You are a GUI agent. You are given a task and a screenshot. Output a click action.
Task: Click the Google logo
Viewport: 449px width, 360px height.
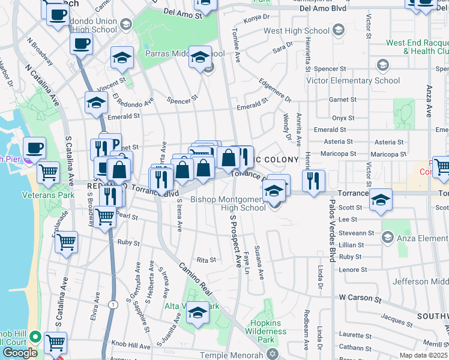pyautogui.click(x=20, y=353)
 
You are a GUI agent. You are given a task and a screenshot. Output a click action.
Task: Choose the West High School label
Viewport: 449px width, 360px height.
pyautogui.click(x=298, y=31)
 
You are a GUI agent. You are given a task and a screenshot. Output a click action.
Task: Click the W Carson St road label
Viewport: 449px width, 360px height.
pyautogui.click(x=360, y=297)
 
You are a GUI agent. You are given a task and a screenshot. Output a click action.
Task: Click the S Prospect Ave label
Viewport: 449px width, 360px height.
pyautogui.click(x=232, y=237)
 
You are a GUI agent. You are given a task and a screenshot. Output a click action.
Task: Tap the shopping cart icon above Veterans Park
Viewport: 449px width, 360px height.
pyautogui.click(x=49, y=173)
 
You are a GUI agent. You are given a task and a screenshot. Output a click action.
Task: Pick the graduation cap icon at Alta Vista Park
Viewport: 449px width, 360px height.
pyautogui.click(x=197, y=312)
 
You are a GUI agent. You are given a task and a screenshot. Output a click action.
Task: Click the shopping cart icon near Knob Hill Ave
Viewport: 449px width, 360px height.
pyautogui.click(x=55, y=343)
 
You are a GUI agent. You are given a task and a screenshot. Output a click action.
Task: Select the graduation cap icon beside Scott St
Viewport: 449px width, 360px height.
pyautogui.click(x=381, y=200)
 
